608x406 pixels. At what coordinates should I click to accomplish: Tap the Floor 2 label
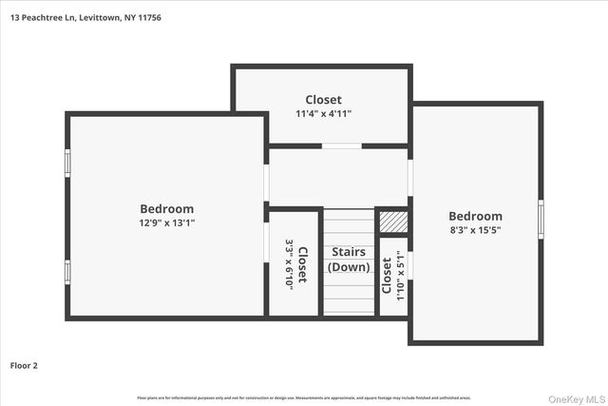click(x=24, y=364)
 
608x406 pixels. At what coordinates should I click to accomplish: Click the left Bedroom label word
click(x=166, y=209)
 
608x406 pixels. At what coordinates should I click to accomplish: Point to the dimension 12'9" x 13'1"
click(x=166, y=222)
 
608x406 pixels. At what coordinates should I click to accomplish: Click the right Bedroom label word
click(x=475, y=216)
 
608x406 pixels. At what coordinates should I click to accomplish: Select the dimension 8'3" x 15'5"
click(x=475, y=229)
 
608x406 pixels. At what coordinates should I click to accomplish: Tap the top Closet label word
click(x=323, y=100)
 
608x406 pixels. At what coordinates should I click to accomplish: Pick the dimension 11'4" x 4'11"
click(x=323, y=113)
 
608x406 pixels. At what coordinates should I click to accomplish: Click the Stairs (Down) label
click(x=350, y=260)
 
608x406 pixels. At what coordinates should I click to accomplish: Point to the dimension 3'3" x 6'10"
click(x=290, y=263)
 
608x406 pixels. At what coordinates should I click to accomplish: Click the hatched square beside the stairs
click(x=392, y=221)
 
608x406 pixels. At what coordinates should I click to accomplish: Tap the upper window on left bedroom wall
click(x=66, y=163)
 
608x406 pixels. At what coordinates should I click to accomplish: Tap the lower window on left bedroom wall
click(x=66, y=272)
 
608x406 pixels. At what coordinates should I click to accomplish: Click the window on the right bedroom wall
click(x=541, y=219)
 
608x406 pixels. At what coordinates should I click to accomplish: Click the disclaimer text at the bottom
click(x=304, y=397)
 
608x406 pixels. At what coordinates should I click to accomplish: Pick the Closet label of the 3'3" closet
click(x=302, y=263)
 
